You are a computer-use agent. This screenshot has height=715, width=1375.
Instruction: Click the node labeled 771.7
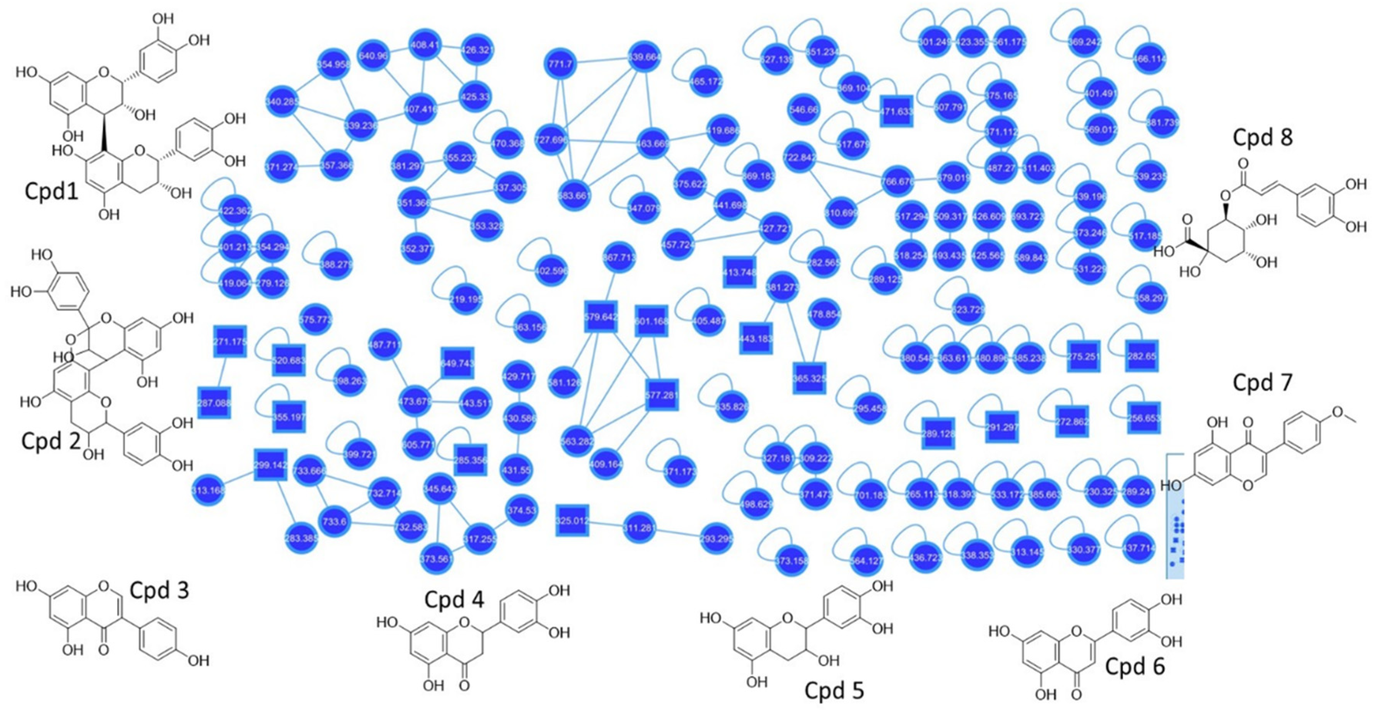tap(560, 64)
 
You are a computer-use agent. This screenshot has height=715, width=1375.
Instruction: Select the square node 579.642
tap(601, 317)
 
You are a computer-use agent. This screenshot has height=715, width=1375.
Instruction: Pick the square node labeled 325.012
tap(572, 520)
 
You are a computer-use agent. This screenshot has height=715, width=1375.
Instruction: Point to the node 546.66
tap(803, 110)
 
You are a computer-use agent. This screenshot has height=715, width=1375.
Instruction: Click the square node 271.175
tap(230, 341)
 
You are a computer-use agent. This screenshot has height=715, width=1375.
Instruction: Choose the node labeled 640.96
tap(373, 55)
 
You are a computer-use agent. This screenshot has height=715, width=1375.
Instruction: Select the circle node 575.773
tap(316, 320)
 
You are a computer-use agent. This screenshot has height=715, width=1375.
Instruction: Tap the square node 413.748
tap(740, 272)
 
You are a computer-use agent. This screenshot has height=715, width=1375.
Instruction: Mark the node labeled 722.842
tap(800, 157)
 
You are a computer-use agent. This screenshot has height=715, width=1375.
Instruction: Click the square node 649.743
tap(457, 363)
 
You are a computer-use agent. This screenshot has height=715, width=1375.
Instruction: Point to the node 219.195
tap(466, 299)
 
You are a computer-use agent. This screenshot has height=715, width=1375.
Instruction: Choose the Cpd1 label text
tap(52, 191)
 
